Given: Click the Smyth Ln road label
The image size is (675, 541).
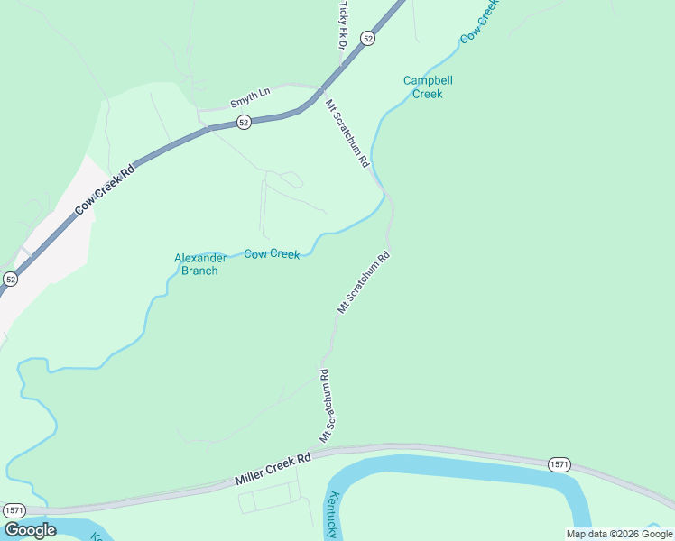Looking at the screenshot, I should pos(250,93).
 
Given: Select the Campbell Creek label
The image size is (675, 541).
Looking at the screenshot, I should pos(428,87).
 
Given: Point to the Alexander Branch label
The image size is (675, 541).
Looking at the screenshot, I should pos(196,264).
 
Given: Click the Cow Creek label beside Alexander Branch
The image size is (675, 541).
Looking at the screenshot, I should pos(272,254).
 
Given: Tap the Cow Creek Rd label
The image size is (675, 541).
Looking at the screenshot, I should pos(105,189).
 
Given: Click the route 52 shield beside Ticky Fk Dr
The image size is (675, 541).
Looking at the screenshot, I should pos(366,38).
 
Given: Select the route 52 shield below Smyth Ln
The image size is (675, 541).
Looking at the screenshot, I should pos(244,122).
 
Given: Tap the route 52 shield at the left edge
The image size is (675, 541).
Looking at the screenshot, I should pos(10,280).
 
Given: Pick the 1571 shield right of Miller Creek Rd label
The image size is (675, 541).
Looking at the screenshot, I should pos(559,463).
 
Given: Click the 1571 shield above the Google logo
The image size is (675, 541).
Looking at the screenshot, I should pos(14,510).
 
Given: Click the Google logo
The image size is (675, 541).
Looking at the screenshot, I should pos(30,530).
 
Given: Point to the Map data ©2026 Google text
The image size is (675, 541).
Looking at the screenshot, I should pos(619,534).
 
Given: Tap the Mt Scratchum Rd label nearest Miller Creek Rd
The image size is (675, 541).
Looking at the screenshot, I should pos(327,405).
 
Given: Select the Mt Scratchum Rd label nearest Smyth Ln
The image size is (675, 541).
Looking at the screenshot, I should pos(347,133).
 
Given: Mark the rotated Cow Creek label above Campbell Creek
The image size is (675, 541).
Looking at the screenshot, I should pos(479,22).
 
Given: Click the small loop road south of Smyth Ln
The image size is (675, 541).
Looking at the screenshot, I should pos(291,179).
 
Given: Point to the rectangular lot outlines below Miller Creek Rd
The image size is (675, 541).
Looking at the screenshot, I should pos(270,497).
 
